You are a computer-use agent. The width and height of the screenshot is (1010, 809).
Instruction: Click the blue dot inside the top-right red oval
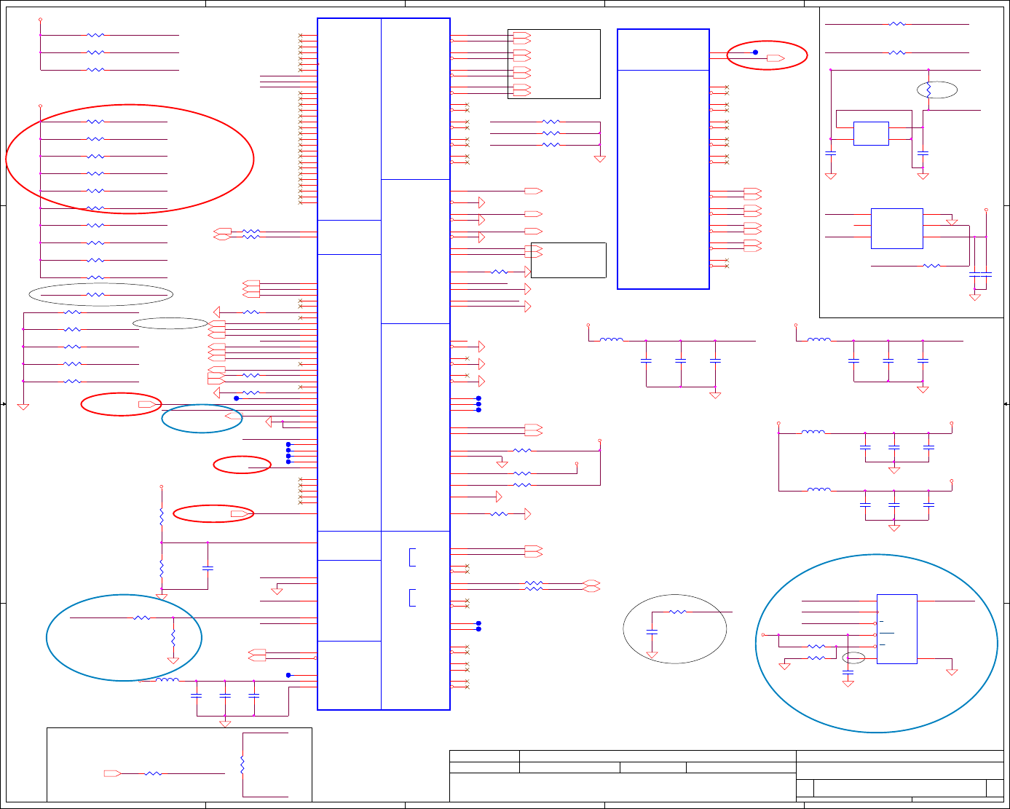click(x=755, y=52)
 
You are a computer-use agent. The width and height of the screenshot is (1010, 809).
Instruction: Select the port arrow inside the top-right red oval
click(x=776, y=58)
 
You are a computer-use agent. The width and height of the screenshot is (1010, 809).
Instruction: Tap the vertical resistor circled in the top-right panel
click(x=928, y=90)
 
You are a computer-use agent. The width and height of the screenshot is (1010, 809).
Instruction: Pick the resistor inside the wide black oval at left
click(x=95, y=295)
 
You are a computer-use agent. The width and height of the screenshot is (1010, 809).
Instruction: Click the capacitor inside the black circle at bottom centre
click(x=652, y=631)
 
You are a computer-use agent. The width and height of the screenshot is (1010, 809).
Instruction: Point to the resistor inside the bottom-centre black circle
click(x=678, y=612)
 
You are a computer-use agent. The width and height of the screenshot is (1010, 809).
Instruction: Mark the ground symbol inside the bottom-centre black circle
click(x=652, y=655)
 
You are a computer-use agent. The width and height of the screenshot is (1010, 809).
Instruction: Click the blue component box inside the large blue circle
click(x=896, y=629)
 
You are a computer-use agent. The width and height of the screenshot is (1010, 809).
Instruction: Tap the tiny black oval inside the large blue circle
click(x=854, y=658)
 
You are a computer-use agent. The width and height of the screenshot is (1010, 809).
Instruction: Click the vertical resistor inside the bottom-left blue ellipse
click(x=173, y=638)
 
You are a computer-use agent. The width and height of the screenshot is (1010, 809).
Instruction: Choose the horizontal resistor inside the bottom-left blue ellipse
click(x=142, y=618)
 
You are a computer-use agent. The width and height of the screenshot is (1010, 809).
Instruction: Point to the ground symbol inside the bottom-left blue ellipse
click(x=173, y=660)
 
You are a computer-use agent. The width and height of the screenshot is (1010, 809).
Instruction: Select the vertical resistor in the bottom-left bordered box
click(x=242, y=765)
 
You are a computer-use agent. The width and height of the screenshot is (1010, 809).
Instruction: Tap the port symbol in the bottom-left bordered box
click(x=112, y=773)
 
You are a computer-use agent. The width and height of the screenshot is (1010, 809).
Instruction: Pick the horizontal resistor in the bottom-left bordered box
click(x=153, y=773)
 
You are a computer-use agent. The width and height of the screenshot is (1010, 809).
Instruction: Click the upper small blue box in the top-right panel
click(x=870, y=133)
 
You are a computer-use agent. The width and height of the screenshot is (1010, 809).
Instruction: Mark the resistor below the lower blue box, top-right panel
click(x=932, y=267)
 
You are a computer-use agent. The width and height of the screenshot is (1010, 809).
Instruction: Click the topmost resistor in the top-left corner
click(x=95, y=35)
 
